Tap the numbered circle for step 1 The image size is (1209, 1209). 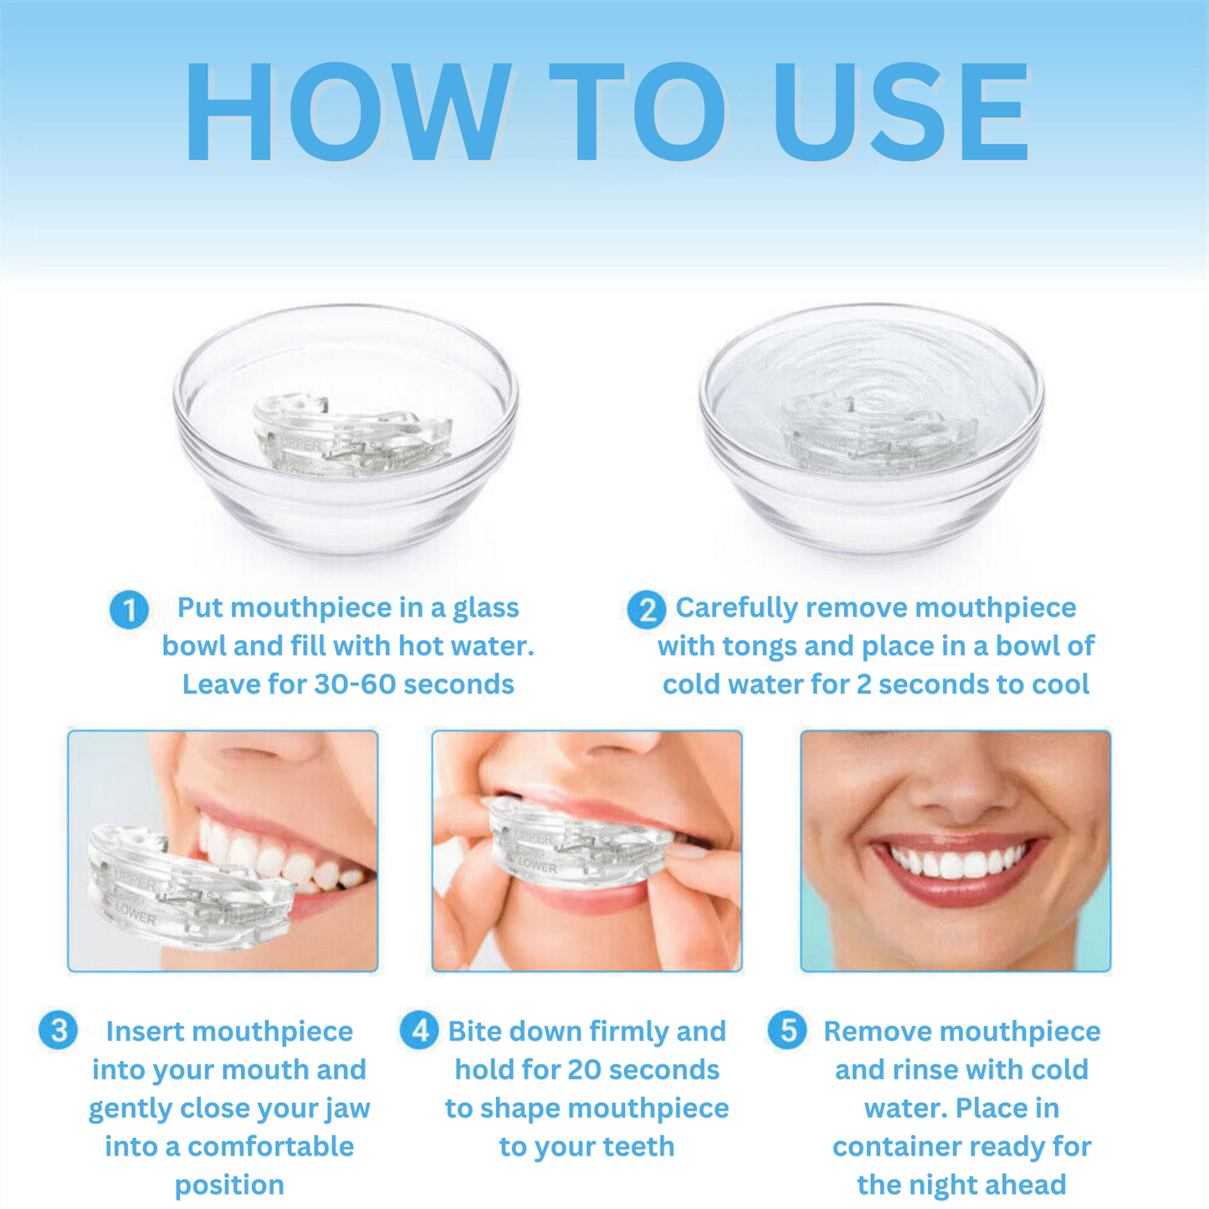click(x=129, y=609)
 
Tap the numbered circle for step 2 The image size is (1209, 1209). click(x=646, y=609)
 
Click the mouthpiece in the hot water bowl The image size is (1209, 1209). click(x=352, y=435)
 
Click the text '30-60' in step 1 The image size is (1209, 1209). click(x=355, y=684)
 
